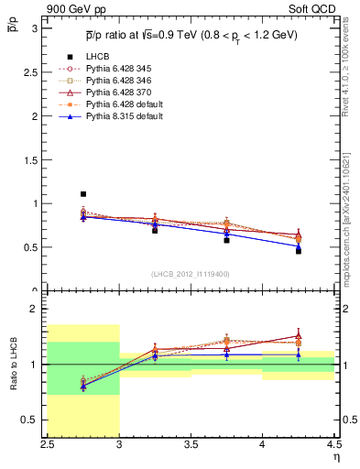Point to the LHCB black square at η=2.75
[x=83, y=194]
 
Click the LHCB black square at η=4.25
[x=298, y=250]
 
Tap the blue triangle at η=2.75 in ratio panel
[x=83, y=387]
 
